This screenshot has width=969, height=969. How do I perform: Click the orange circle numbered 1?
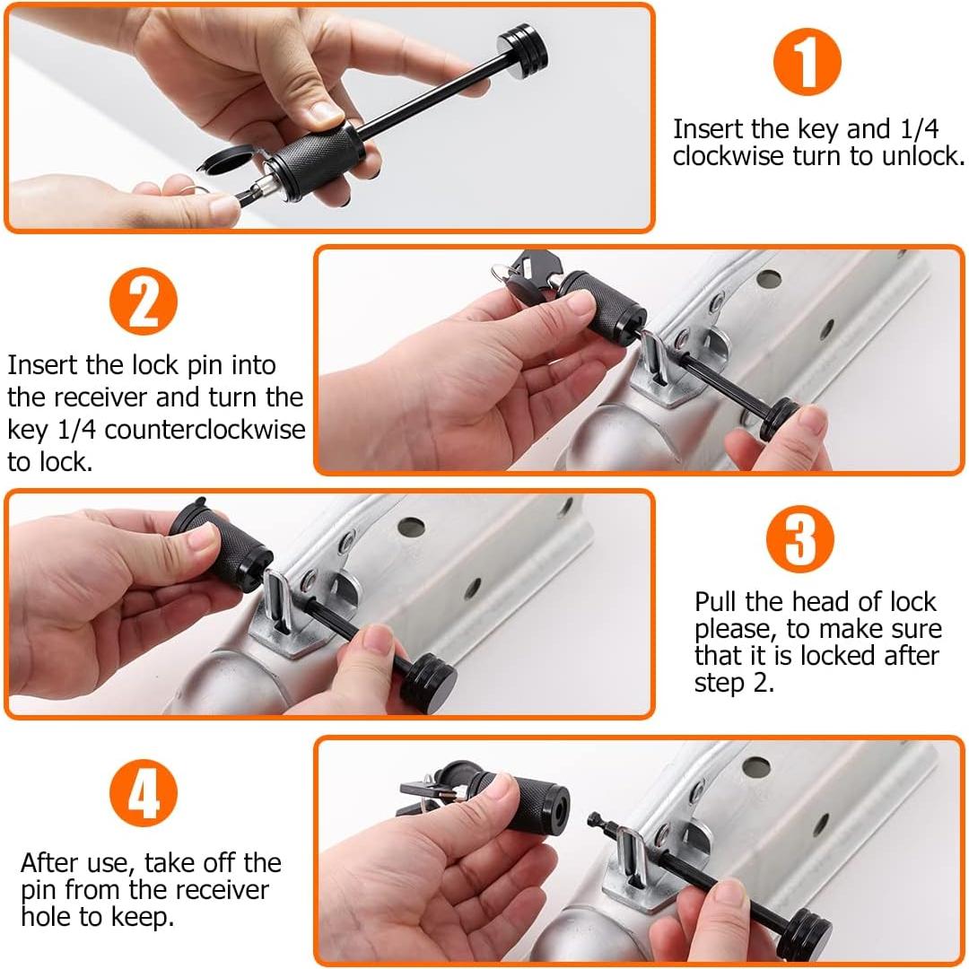807,62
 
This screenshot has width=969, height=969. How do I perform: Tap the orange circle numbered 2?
144,301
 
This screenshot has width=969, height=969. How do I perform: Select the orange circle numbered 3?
799,539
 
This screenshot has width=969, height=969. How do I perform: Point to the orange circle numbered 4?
144,793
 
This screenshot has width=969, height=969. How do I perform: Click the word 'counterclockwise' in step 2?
205,430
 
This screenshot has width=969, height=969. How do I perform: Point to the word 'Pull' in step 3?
716,601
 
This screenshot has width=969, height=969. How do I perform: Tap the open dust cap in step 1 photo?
226,158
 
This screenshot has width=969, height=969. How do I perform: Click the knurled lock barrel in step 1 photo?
315,161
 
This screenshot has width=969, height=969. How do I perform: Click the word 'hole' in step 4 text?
47,916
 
